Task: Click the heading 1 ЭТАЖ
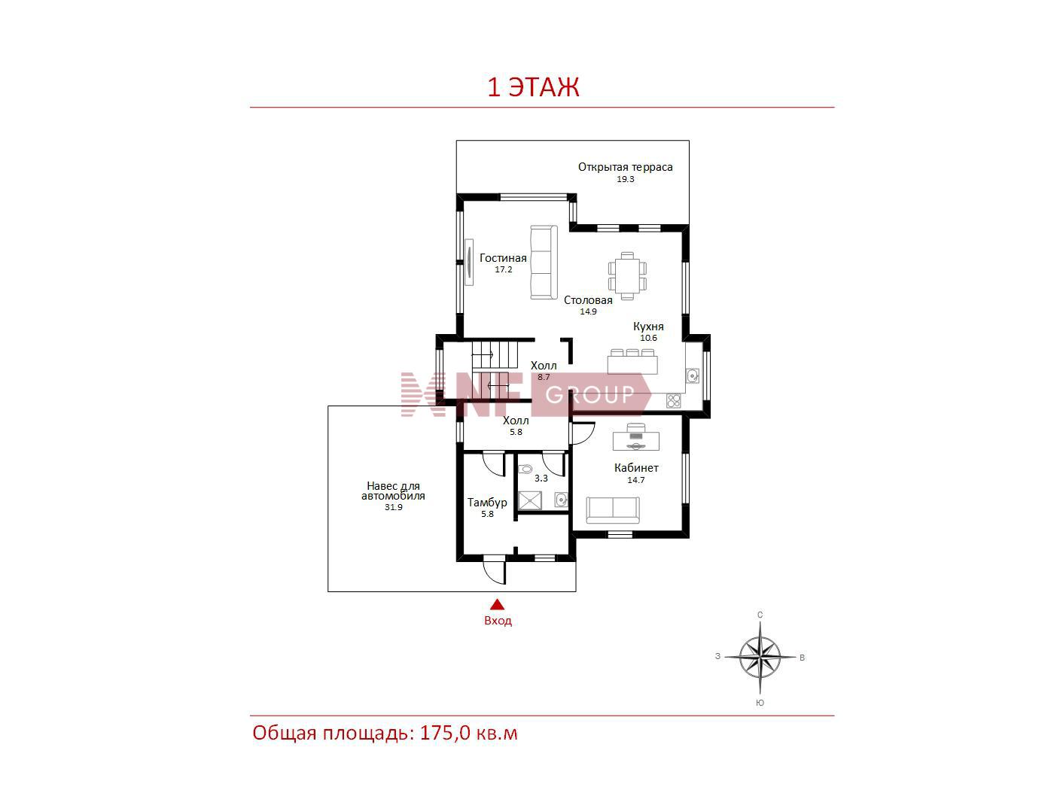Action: tap(533, 88)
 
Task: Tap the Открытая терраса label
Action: tap(625, 167)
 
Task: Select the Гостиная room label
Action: tap(503, 257)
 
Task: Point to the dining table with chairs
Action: tap(627, 276)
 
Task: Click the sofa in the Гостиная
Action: tap(544, 263)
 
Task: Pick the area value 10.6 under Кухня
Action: tap(648, 338)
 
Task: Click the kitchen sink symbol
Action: tap(693, 375)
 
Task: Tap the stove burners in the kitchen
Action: tap(673, 400)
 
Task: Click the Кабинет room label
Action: tap(636, 468)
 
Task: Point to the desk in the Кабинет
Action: tap(635, 437)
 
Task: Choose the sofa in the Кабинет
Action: tap(613, 510)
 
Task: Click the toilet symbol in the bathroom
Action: tap(526, 469)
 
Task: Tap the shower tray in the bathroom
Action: tap(530, 500)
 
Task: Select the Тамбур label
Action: tap(487, 502)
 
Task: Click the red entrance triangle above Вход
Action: tap(497, 604)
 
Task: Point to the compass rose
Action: tap(760, 657)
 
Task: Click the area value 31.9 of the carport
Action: tap(393, 507)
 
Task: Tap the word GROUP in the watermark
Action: tap(589, 395)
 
